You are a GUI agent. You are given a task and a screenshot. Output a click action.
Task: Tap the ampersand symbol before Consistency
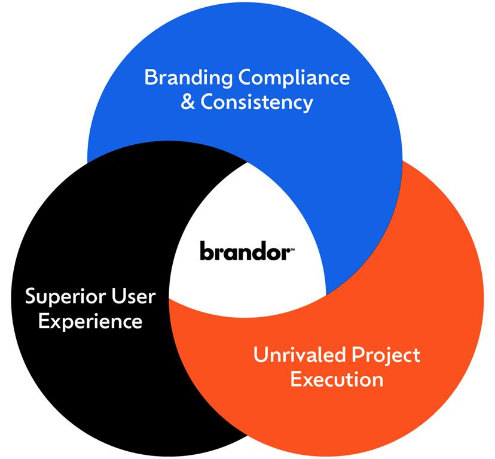point(188,102)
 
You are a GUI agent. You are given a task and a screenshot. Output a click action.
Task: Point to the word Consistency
point(257,102)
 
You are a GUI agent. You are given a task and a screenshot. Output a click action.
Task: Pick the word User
point(130,297)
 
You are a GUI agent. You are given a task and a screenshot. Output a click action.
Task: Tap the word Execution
point(337,379)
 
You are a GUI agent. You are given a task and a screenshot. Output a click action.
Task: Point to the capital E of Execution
point(296,379)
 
